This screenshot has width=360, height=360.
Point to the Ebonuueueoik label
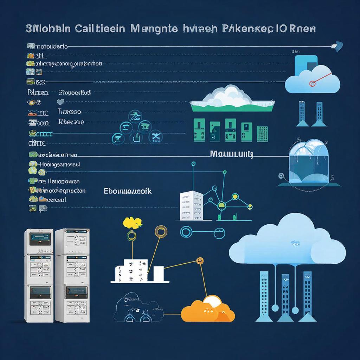pos(128,191)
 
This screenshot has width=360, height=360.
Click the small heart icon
pos(60,102)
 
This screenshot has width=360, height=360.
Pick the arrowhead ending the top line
pos(339,46)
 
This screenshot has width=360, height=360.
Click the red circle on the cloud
pos(311,84)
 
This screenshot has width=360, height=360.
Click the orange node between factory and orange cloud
pos(200,261)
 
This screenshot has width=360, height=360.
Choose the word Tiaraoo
pos(69,111)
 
